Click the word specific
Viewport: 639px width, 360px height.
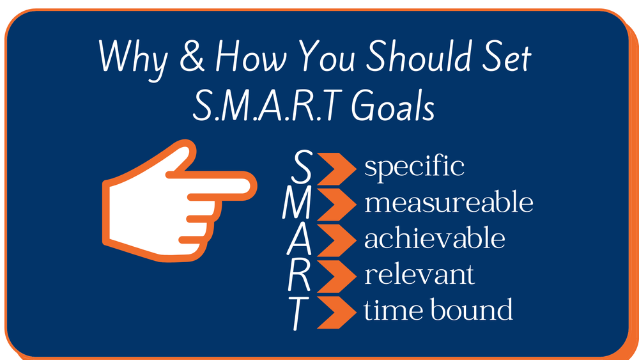[x=414, y=168]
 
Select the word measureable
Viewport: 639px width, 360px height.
[x=449, y=203]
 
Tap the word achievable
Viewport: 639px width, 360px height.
[x=435, y=239]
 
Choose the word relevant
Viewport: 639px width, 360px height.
[x=419, y=274]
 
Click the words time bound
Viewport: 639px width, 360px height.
[x=438, y=310]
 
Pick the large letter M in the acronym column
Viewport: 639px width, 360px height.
[x=298, y=204]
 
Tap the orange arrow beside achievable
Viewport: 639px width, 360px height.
[x=336, y=240]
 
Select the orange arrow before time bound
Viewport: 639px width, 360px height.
[x=336, y=311]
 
